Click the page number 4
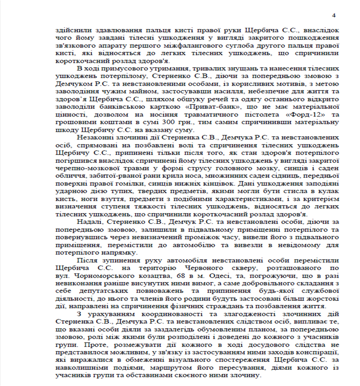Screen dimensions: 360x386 coord(334,15)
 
